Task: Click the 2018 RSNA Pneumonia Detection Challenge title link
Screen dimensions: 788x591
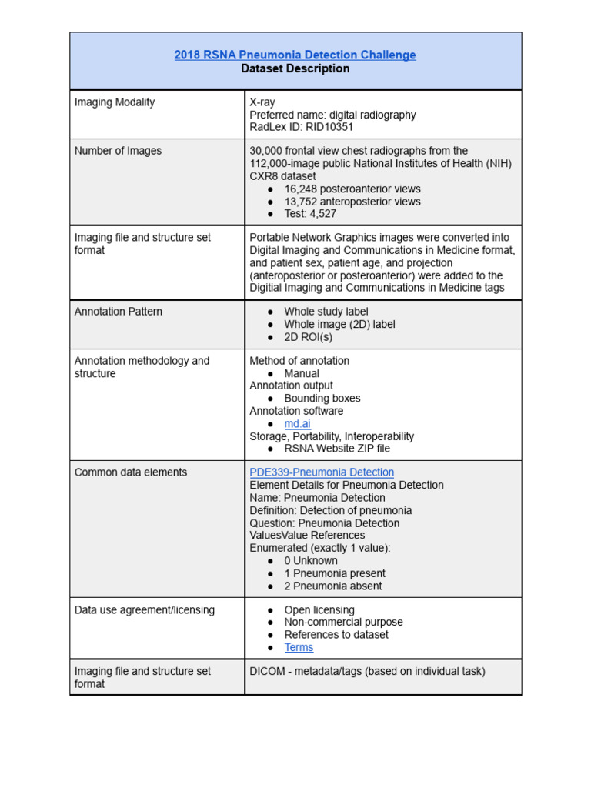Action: (295, 55)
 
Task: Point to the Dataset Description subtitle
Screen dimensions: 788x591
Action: (295, 68)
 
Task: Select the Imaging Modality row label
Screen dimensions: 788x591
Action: (114, 102)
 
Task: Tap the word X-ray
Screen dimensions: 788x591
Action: (262, 102)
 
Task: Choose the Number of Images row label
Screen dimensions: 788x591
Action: (118, 151)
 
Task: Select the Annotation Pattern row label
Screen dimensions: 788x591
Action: (118, 312)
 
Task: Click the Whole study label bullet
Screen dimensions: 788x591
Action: (326, 312)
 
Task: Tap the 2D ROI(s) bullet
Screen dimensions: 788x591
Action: (308, 337)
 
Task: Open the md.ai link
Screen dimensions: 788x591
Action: (297, 423)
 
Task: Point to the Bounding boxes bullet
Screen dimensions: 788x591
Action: (322, 399)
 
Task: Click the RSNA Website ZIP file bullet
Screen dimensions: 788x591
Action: (336, 448)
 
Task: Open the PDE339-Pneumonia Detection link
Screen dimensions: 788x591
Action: (322, 472)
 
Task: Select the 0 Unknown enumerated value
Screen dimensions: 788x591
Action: (310, 560)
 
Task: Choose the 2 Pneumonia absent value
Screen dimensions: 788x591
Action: (332, 586)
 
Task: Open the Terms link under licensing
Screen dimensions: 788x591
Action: (299, 647)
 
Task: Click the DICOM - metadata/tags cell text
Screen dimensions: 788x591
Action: (367, 671)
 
